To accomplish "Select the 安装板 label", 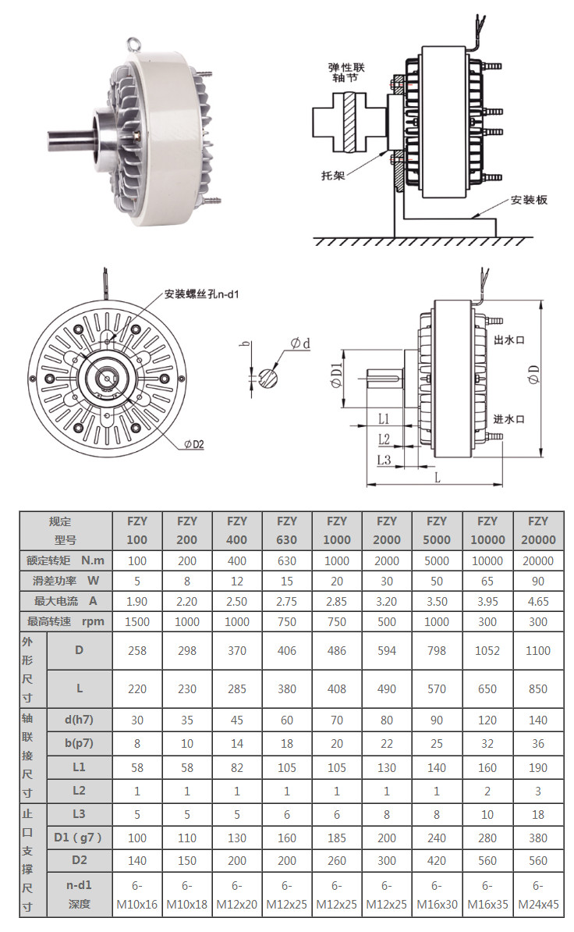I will pyautogui.click(x=530, y=200).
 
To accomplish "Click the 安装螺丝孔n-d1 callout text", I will pyautogui.click(x=201, y=295).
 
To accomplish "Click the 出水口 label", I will pyautogui.click(x=508, y=341).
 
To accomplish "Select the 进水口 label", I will pyautogui.click(x=508, y=418).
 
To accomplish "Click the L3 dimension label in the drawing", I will pyautogui.click(x=383, y=459).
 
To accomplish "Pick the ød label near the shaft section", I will pyautogui.click(x=300, y=343).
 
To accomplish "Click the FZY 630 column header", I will pyautogui.click(x=287, y=530).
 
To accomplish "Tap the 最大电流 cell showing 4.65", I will pyautogui.click(x=538, y=601).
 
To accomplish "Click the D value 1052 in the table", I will pyautogui.click(x=487, y=650).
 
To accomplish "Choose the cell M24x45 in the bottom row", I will pyautogui.click(x=538, y=905).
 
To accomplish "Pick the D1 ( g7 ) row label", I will pyautogui.click(x=79, y=838).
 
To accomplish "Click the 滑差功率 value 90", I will pyautogui.click(x=538, y=581).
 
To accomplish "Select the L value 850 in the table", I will pyautogui.click(x=538, y=688).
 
